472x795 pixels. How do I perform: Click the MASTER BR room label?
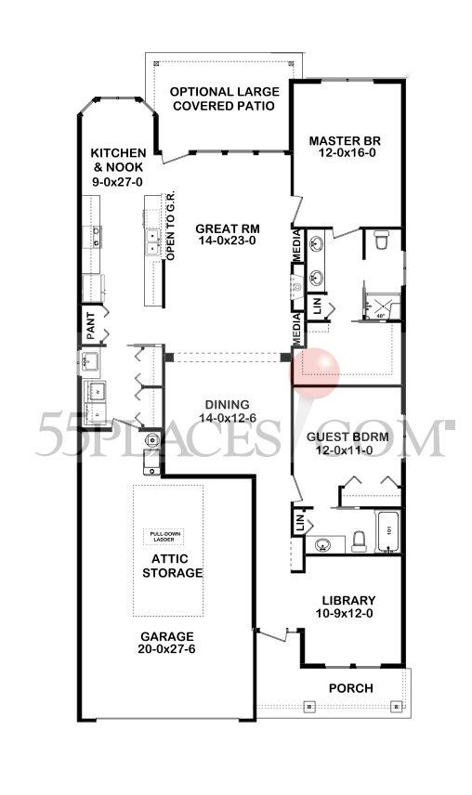(346, 141)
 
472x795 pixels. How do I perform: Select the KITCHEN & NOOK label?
(118, 158)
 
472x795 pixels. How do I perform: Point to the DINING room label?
(227, 404)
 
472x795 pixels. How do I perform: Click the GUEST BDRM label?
(347, 436)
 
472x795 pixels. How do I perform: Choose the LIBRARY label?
(348, 600)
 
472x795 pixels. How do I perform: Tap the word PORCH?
(351, 688)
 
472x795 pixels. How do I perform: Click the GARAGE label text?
(167, 637)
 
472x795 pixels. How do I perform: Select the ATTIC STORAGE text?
(171, 566)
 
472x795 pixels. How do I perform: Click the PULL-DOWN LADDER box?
(169, 536)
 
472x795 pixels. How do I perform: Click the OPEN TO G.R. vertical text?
(170, 233)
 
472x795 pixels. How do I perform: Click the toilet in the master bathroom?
(380, 241)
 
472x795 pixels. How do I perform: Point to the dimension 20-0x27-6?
(167, 651)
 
